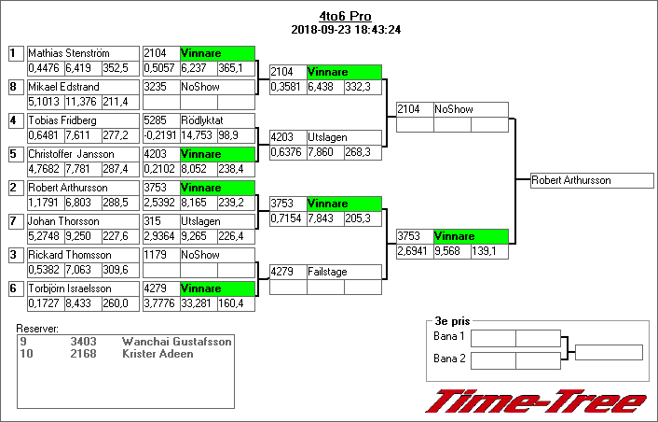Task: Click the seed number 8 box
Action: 14,87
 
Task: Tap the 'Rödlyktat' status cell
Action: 217,120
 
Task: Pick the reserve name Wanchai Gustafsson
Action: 176,343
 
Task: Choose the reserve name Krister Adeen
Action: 158,354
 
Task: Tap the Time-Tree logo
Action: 535,401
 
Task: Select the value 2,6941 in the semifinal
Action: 414,251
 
